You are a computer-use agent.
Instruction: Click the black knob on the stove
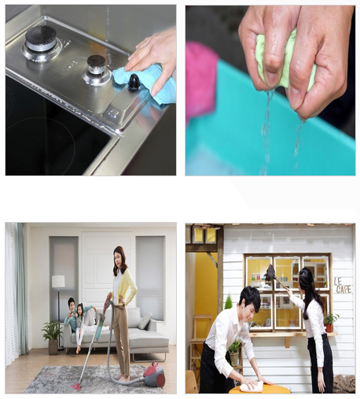tap(134, 83)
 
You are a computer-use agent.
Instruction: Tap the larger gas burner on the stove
tap(41, 42)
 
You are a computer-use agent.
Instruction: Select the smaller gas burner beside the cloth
tap(96, 70)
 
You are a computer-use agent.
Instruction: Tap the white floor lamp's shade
tap(58, 281)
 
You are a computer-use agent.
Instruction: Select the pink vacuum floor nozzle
tap(75, 386)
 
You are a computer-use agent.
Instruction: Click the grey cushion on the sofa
tap(145, 320)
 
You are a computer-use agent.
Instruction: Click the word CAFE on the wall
tap(343, 290)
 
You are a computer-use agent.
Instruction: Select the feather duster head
tap(270, 274)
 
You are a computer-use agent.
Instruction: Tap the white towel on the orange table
tap(252, 386)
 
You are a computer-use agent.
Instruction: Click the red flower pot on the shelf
tap(329, 328)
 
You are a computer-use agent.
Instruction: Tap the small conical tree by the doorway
tap(229, 301)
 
